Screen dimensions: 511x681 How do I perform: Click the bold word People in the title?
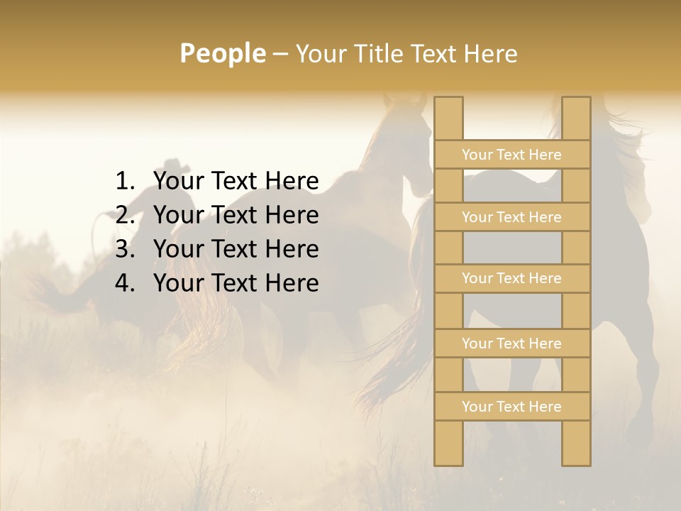point(221,53)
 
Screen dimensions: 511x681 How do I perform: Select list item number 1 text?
point(236,182)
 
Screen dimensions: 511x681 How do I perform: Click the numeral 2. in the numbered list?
point(125,215)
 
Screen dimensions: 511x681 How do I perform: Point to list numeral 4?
point(125,283)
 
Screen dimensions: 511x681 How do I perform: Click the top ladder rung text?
point(511,155)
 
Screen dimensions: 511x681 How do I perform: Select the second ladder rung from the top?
point(511,217)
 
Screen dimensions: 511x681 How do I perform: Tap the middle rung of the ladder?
point(511,279)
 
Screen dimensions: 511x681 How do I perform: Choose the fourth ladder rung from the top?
point(511,344)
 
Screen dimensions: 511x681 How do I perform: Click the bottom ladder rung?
point(511,407)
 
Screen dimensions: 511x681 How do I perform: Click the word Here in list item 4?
point(292,283)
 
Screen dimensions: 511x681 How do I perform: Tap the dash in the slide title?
point(279,54)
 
